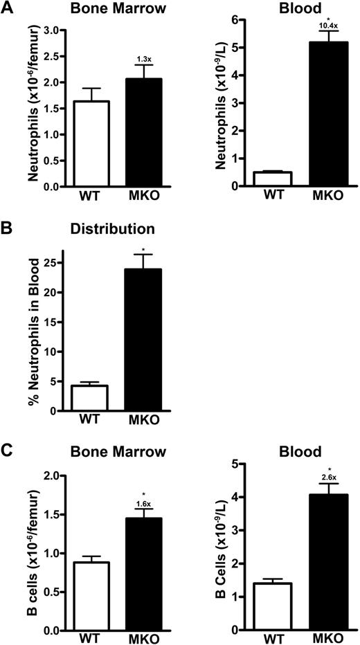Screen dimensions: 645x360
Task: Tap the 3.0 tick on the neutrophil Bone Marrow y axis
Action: tap(52, 30)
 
